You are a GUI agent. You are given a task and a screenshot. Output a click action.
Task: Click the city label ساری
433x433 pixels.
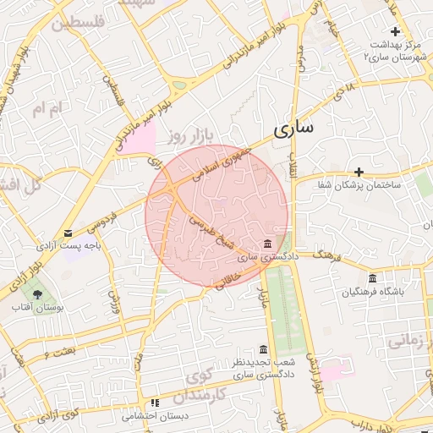pos(293,129)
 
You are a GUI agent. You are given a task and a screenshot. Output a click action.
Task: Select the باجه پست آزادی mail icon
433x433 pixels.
pos(68,233)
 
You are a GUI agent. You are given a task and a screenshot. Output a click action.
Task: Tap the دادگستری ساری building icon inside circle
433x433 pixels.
pos(267,244)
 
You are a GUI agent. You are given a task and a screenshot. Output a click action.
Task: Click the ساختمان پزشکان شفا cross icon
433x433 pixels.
pos(359,172)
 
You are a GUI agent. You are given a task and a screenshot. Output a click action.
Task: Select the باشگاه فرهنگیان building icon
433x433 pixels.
pos(372,279)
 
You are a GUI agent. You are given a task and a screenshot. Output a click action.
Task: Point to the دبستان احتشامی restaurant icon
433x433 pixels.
pos(154,403)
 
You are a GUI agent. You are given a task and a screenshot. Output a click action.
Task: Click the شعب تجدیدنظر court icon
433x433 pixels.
pos(264,349)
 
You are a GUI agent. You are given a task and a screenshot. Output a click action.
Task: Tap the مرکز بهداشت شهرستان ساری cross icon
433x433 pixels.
pos(394,31)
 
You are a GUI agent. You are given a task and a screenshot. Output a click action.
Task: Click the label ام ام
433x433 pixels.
pos(48,109)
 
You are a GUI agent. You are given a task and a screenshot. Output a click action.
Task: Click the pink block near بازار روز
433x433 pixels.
pos(140,138)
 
